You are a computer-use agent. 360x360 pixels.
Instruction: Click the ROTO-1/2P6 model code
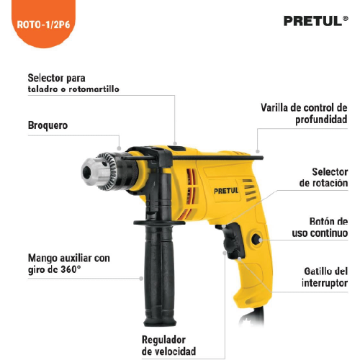[x=43, y=24]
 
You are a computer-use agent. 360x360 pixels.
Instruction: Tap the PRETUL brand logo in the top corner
[x=315, y=21]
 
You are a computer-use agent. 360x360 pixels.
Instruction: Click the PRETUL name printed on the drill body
[x=226, y=191]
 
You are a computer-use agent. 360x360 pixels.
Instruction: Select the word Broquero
[x=48, y=126]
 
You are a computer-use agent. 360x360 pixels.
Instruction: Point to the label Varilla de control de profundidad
[x=304, y=114]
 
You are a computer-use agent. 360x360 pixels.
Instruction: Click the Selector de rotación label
[x=323, y=177]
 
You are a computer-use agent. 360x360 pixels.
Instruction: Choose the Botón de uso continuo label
[x=320, y=228]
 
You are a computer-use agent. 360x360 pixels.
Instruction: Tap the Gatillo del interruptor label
[x=325, y=277]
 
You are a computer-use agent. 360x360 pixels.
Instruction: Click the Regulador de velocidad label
[x=168, y=346]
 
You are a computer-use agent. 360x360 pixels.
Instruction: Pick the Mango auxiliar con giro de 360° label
[x=69, y=264]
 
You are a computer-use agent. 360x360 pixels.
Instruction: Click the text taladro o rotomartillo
[x=73, y=89]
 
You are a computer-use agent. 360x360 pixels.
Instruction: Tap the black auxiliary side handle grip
[x=159, y=275]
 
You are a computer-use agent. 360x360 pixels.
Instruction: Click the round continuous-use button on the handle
[x=256, y=239]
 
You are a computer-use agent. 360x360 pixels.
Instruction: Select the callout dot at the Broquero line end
[x=119, y=148]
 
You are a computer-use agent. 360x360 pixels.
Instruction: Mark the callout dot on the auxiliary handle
[x=141, y=279]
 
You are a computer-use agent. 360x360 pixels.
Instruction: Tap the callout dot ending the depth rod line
[x=258, y=151]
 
